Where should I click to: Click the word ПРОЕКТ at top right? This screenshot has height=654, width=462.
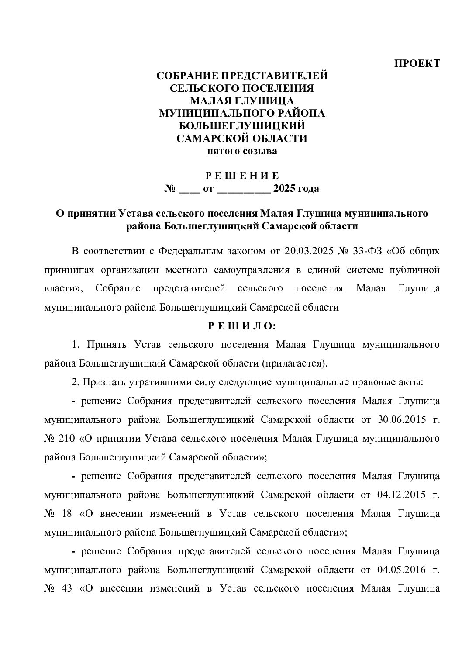pyautogui.click(x=417, y=63)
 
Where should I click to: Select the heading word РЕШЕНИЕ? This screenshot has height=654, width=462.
pyautogui.click(x=242, y=176)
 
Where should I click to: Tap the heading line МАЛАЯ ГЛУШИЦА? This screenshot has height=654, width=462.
pyautogui.click(x=242, y=101)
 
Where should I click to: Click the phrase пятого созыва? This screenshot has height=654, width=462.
pyautogui.click(x=242, y=152)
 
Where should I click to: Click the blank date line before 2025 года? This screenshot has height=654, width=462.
pyautogui.click(x=243, y=190)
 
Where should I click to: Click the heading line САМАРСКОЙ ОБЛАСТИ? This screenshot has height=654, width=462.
pyautogui.click(x=242, y=139)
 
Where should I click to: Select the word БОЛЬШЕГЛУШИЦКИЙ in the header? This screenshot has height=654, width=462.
pyautogui.click(x=242, y=126)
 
